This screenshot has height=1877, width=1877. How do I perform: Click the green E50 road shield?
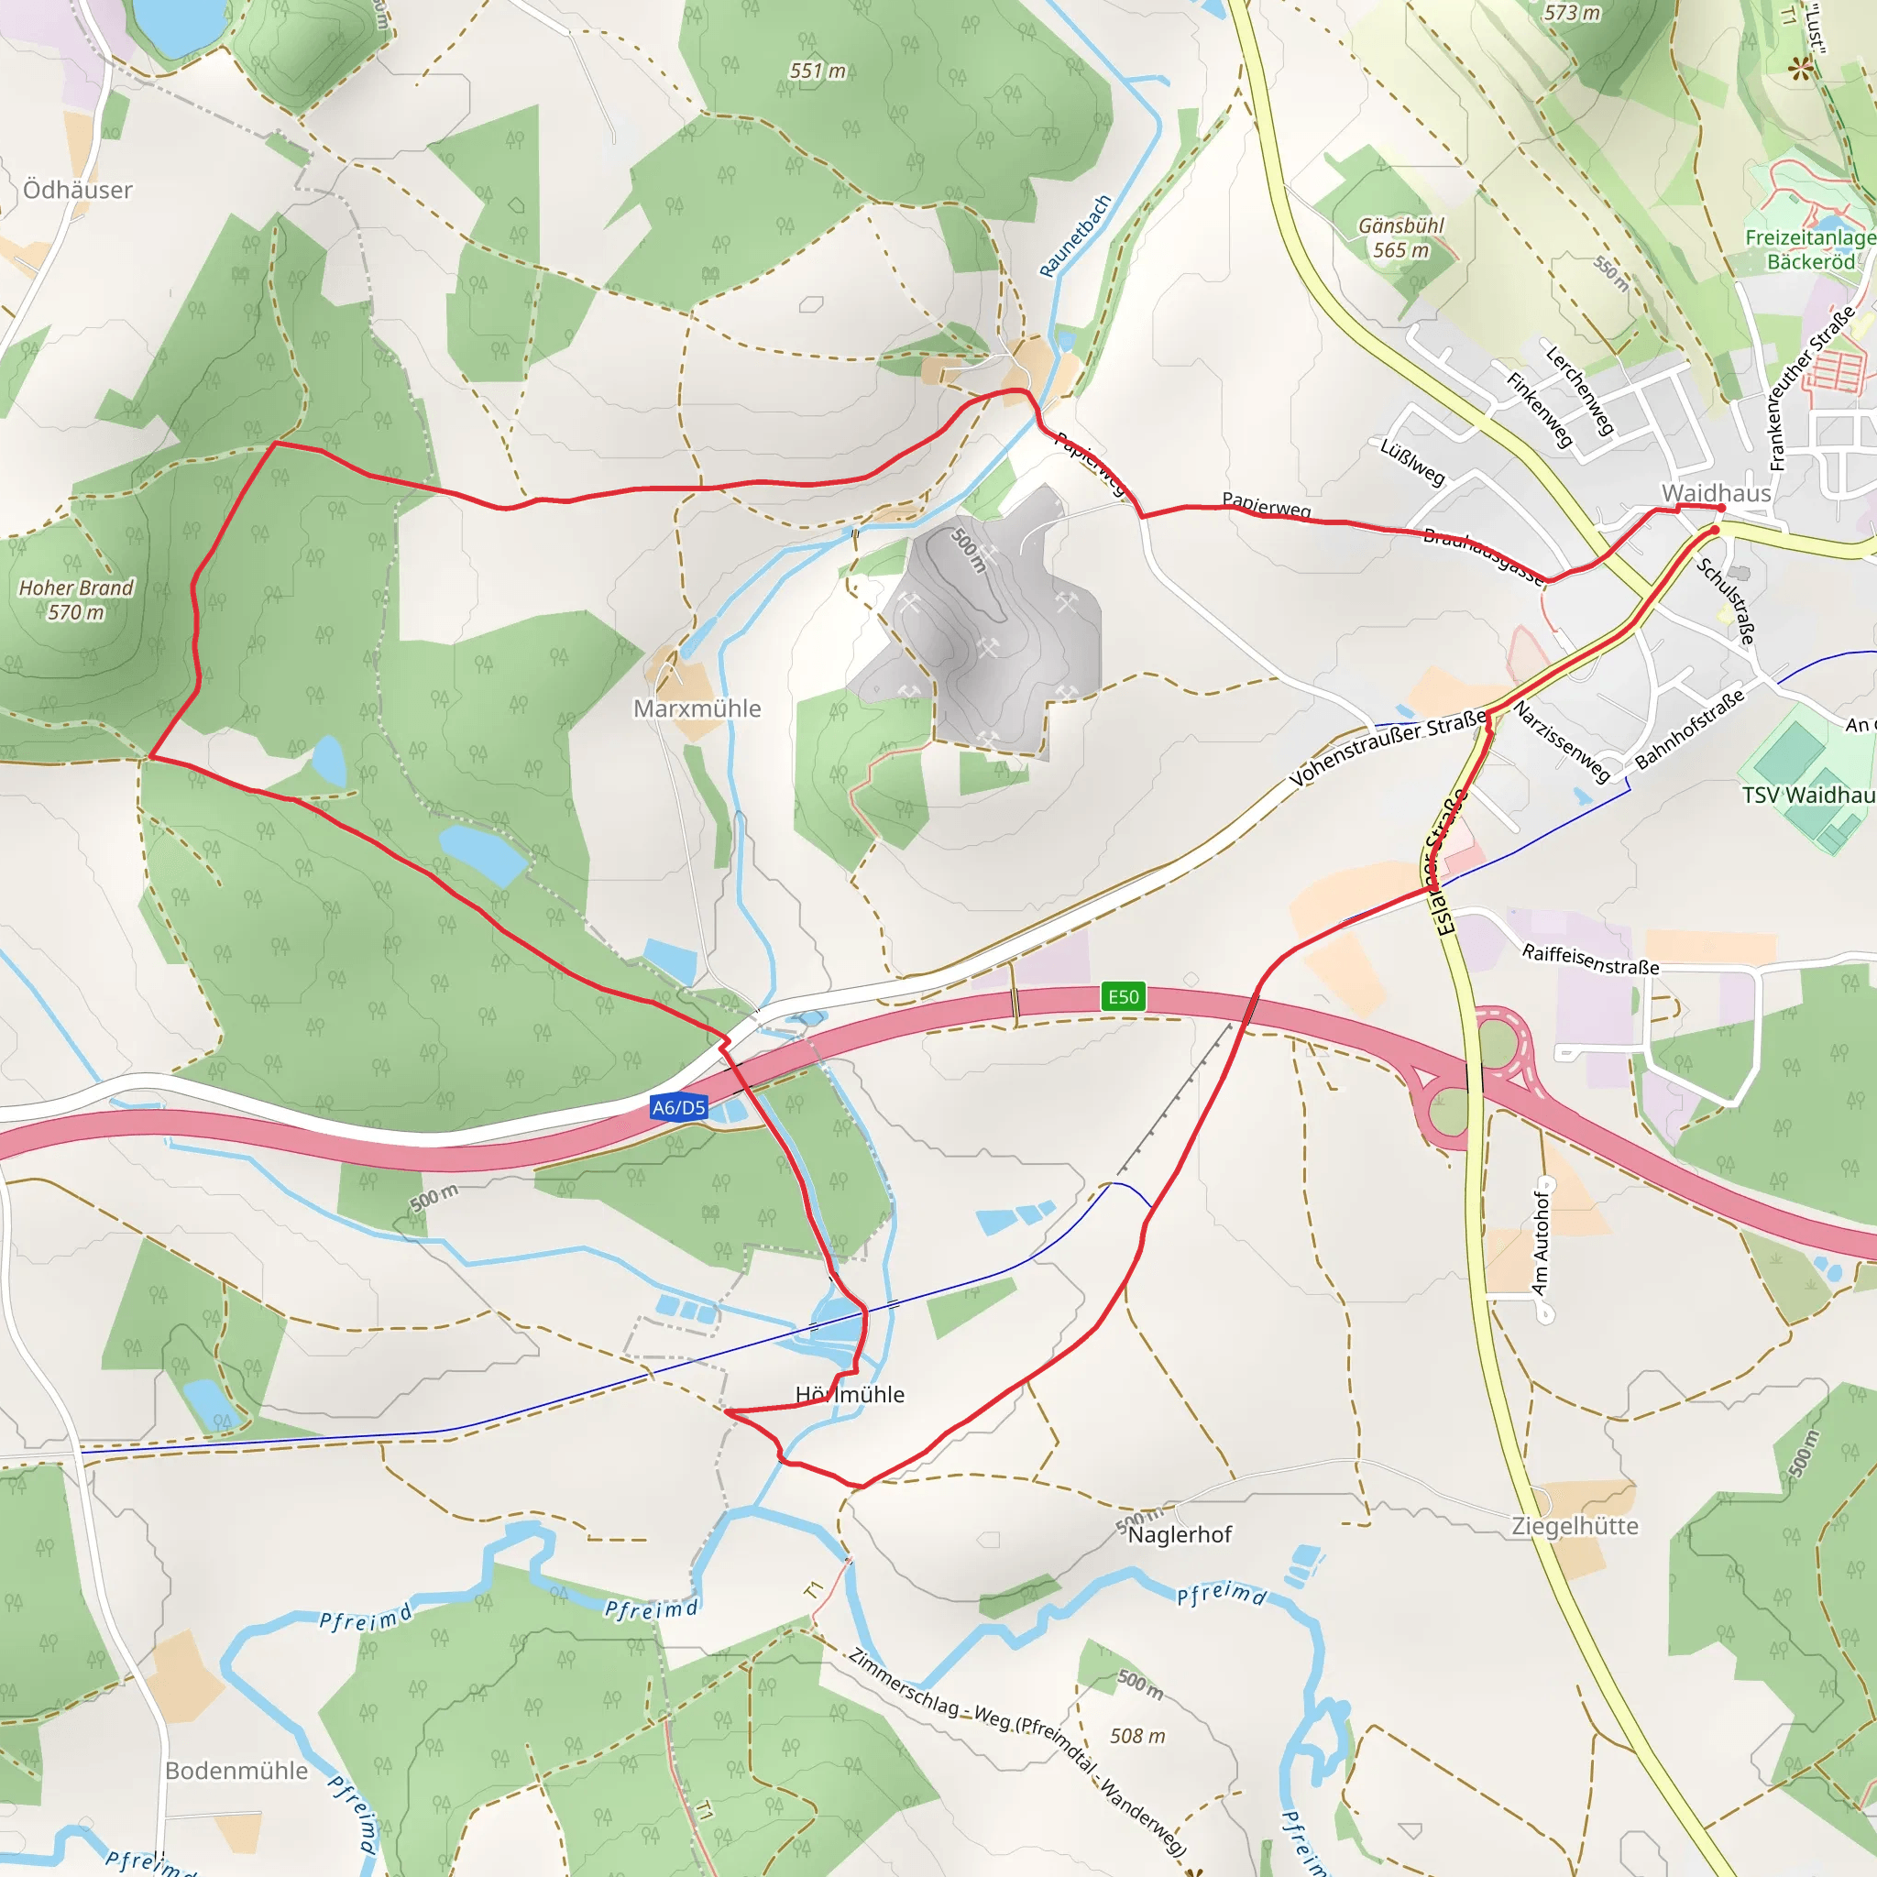(x=1123, y=997)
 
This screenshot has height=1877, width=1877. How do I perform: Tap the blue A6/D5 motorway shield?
(x=679, y=1107)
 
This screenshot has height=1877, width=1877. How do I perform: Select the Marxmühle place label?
(x=697, y=708)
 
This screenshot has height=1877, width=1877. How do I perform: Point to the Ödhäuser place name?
(x=78, y=190)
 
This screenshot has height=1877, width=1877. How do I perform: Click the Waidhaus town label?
(x=1716, y=492)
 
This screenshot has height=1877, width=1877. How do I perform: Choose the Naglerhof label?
(x=1180, y=1534)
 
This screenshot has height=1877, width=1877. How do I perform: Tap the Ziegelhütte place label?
(x=1575, y=1526)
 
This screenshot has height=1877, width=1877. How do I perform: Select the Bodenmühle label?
(x=236, y=1770)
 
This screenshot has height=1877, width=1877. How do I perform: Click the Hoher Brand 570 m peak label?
(x=76, y=599)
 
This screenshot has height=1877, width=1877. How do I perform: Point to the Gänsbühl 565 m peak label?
(x=1401, y=237)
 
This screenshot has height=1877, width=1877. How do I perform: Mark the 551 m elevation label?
(x=817, y=71)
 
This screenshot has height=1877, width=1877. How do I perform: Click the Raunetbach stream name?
(x=1074, y=236)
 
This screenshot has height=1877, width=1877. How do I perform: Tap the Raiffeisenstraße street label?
(x=1590, y=960)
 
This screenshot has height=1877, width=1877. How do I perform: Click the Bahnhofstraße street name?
(x=1689, y=729)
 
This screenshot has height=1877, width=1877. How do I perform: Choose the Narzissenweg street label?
(x=1563, y=742)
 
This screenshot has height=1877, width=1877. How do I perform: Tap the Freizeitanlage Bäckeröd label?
(x=1810, y=249)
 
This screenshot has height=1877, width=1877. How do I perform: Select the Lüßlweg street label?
(x=1412, y=462)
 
